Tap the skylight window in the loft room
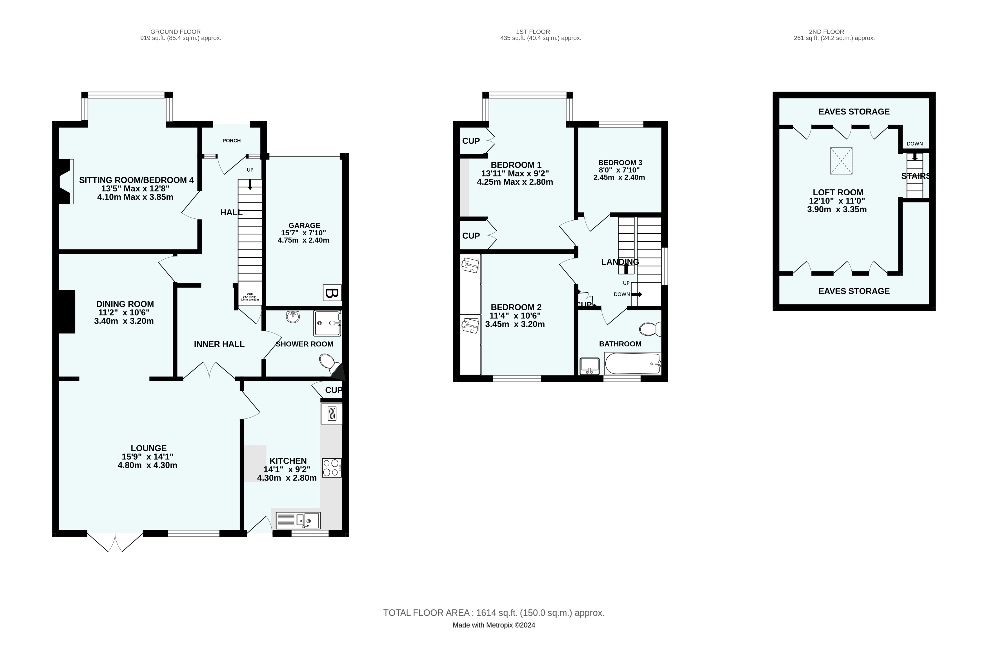841,161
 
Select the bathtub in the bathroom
632,364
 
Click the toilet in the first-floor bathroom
650,329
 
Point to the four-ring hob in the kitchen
332,467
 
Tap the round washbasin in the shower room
293,317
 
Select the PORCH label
231,141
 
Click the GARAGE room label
304,225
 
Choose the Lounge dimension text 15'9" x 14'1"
148,457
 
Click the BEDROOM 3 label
620,162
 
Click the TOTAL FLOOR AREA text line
494,613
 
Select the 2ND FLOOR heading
826,32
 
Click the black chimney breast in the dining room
67,312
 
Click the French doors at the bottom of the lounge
115,542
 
